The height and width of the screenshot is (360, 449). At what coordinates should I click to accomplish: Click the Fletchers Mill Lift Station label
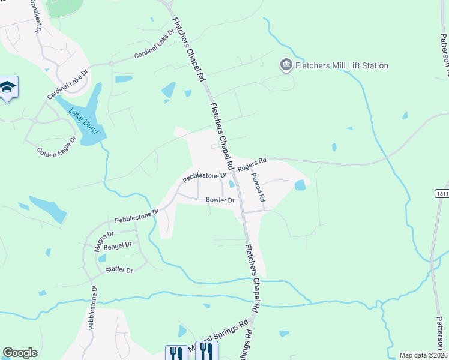[x=342, y=65]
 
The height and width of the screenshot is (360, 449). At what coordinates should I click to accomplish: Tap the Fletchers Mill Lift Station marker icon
[x=286, y=65]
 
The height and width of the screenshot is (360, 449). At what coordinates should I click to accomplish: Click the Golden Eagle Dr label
[x=56, y=147]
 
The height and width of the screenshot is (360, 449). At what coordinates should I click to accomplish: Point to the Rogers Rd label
[x=252, y=165]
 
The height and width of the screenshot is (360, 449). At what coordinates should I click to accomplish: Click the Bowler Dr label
[x=220, y=200]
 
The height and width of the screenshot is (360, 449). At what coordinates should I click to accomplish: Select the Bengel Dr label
[x=118, y=245]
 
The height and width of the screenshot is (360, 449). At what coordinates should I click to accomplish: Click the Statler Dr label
[x=119, y=270]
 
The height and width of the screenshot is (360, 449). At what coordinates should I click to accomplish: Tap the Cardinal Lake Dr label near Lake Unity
[x=68, y=85]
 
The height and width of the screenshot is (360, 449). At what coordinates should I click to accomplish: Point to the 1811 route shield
[x=442, y=194]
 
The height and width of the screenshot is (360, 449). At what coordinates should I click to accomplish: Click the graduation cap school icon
[x=8, y=88]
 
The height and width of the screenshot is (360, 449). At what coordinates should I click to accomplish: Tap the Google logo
[x=20, y=353]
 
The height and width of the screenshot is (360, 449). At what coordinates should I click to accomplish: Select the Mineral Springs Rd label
[x=220, y=338]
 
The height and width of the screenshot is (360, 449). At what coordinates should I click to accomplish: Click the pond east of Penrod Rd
[x=300, y=186]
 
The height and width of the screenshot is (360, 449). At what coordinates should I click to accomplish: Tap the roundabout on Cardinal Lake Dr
[x=111, y=63]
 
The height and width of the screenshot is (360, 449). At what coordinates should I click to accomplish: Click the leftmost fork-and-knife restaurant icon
[x=175, y=353]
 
